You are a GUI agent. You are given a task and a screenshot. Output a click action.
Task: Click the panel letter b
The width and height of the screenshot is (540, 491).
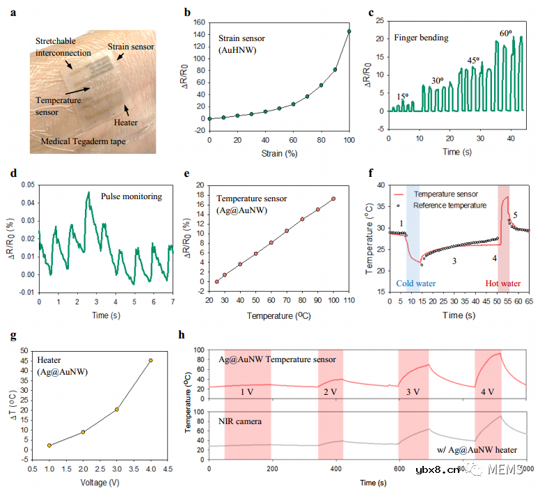(x=186, y=11)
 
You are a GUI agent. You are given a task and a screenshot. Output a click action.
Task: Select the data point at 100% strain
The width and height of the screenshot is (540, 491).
(x=349, y=31)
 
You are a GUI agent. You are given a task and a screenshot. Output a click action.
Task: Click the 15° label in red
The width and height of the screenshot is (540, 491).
(x=402, y=96)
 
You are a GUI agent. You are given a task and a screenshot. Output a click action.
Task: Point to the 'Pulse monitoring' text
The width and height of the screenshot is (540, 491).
(x=131, y=197)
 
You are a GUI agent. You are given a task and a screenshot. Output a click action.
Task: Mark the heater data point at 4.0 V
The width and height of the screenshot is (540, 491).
(x=150, y=360)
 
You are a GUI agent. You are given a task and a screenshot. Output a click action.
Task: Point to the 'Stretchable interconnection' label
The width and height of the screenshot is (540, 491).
(x=62, y=47)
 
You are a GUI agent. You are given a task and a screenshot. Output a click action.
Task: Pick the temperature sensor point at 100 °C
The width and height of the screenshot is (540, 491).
(x=333, y=198)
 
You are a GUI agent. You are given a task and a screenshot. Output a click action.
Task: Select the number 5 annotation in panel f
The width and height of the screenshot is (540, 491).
(x=516, y=215)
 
